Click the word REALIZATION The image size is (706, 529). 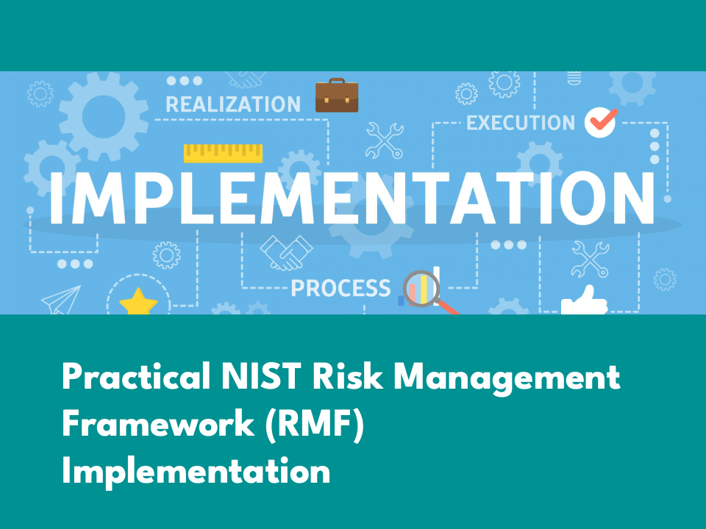233,104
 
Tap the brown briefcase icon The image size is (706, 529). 337,95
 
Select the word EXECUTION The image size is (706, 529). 521,123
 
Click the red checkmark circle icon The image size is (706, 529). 601,122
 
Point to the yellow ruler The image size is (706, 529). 224,153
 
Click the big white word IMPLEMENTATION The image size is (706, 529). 352,198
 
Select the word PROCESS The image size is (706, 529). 340,288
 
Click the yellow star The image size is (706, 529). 139,302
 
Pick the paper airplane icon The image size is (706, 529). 61,300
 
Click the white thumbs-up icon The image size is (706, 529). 584,301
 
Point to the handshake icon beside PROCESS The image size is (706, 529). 286,252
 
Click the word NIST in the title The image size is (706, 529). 260,376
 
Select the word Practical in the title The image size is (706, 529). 137,376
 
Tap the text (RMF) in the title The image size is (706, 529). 314,423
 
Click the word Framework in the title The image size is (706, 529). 158,423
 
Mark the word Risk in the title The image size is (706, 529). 348,376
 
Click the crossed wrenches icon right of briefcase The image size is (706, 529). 384,140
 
